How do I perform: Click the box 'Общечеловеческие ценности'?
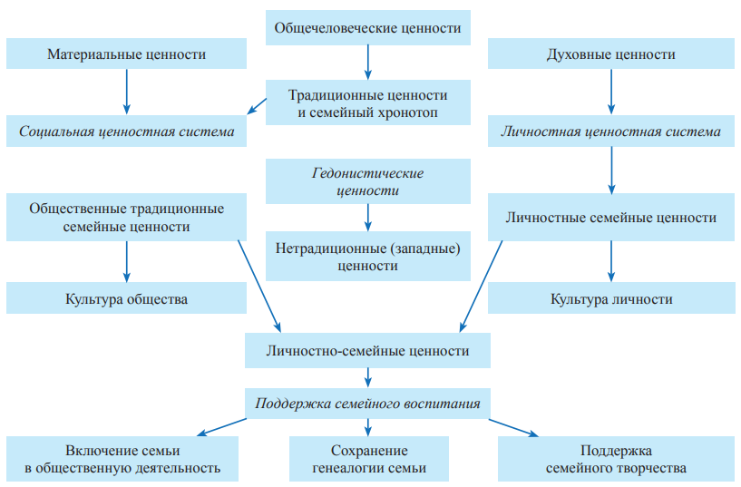coord(368,28)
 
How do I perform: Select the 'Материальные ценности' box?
coord(126,54)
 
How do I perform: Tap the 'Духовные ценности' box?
coord(610,54)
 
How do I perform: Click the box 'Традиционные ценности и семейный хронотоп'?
coord(368,102)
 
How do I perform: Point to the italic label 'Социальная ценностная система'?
coord(126,131)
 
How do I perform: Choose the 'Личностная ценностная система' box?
coord(610,131)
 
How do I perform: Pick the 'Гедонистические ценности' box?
coord(368,181)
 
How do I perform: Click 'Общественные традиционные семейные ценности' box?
coord(126,218)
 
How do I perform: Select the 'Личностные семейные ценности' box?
coord(610,218)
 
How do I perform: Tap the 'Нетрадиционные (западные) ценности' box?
coord(368,257)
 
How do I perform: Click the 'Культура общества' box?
coord(126,298)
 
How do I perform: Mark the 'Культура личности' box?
coord(610,298)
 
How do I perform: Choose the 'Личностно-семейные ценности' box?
coord(368,350)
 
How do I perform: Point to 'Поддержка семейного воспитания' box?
coord(368,404)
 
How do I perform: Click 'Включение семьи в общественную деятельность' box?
coord(123,459)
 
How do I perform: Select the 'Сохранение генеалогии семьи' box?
coord(368,459)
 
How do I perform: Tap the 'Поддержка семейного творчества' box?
coord(616,459)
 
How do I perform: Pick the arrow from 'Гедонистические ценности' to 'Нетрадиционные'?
coord(368,216)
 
